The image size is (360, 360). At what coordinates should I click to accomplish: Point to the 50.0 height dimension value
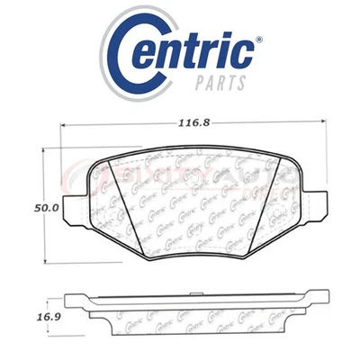click(x=24, y=206)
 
